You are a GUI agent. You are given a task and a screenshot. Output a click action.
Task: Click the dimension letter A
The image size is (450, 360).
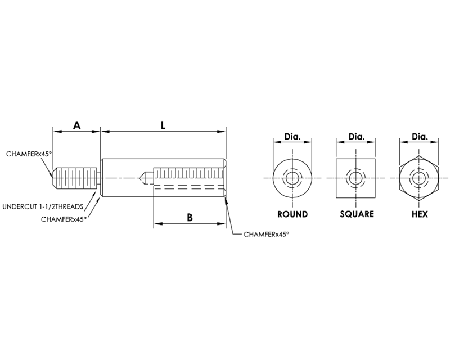coord(76,125)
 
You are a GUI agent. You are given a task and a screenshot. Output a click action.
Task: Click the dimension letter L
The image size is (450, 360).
coord(163,125)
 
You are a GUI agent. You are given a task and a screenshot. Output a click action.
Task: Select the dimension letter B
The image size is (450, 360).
coord(190,218)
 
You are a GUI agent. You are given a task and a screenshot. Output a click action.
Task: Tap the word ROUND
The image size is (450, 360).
coord(292,214)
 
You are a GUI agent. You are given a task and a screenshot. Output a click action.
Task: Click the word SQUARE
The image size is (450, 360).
coord(357,214)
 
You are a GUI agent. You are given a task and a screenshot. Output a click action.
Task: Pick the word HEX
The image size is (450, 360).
coord(420,214)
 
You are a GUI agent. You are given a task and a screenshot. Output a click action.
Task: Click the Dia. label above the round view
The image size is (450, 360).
coord(292,137)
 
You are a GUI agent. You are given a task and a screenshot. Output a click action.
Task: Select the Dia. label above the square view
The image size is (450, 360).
coord(357,137)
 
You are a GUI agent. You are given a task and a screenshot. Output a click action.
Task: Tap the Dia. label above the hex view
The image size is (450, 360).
coord(420,137)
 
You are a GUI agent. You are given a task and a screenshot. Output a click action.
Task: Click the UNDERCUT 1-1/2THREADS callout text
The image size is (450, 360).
coord(43,206)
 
